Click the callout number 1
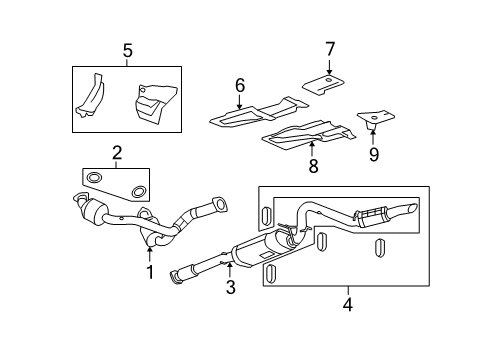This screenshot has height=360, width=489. [149, 271]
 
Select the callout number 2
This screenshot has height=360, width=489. [117, 153]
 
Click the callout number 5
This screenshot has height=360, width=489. [126, 52]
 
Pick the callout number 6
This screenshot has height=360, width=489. [240, 87]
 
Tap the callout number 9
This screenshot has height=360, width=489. [375, 154]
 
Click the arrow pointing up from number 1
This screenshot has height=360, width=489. [149, 253]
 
